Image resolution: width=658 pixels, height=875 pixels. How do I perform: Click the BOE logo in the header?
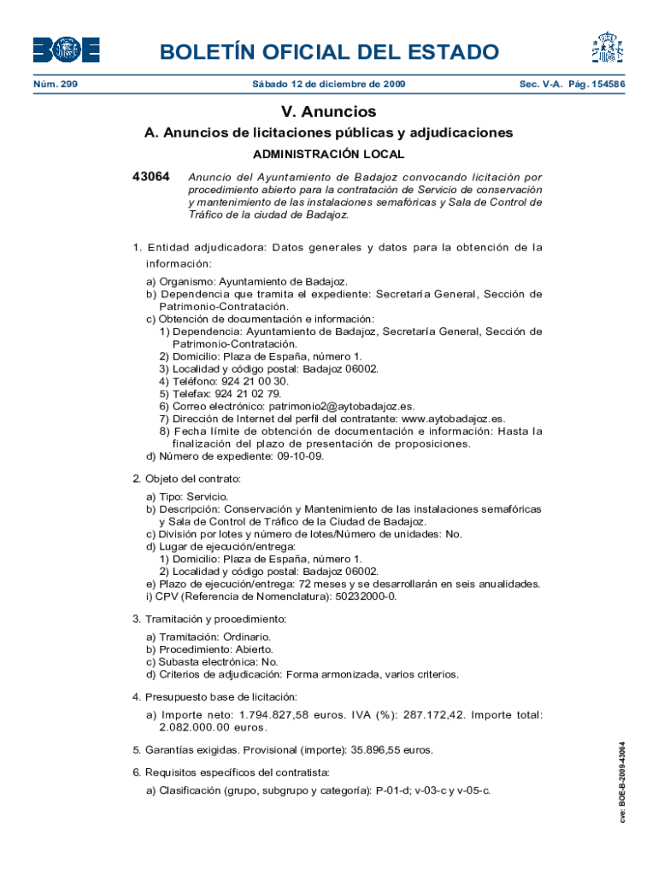pyautogui.click(x=66, y=50)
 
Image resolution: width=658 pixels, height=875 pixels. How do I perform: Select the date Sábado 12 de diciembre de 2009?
pyautogui.click(x=329, y=85)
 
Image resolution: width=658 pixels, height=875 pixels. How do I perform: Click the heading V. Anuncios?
pyautogui.click(x=329, y=112)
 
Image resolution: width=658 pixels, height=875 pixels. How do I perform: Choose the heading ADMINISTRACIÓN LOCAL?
pyautogui.click(x=329, y=155)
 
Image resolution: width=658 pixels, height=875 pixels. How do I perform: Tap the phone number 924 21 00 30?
pyautogui.click(x=255, y=381)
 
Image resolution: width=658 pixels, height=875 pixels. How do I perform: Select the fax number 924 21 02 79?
pyautogui.click(x=248, y=394)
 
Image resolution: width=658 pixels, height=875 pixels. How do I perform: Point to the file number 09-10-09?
pyautogui.click(x=299, y=456)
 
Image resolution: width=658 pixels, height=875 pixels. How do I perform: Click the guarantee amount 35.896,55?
pyautogui.click(x=370, y=750)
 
